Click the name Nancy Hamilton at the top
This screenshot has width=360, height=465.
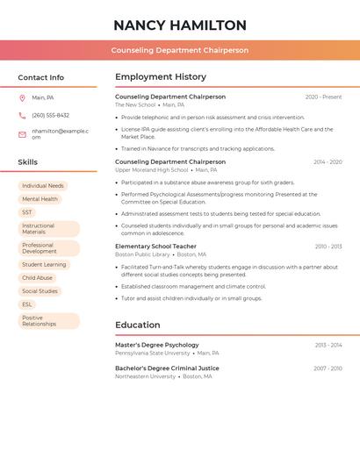(180, 25)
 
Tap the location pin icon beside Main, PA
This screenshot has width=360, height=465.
(22, 97)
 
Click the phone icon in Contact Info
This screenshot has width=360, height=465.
(22, 115)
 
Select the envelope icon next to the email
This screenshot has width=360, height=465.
(22, 134)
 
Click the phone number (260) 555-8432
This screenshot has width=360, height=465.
(50, 115)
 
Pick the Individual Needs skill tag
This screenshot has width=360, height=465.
(43, 186)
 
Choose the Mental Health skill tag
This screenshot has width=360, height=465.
(40, 199)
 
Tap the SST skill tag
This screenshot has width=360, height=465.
(27, 212)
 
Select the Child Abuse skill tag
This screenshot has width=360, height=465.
(37, 278)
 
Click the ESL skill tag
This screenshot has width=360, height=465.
(27, 304)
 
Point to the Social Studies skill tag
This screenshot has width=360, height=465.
(40, 291)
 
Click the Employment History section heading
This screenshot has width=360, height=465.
(161, 77)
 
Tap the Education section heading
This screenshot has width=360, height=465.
(138, 325)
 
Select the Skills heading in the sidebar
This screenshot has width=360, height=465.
(28, 162)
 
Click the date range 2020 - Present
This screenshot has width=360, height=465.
(323, 97)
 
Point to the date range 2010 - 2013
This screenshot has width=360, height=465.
(328, 247)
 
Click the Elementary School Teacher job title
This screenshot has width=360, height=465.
(155, 247)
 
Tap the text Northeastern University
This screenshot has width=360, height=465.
(145, 376)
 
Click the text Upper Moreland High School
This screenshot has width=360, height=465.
(151, 170)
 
